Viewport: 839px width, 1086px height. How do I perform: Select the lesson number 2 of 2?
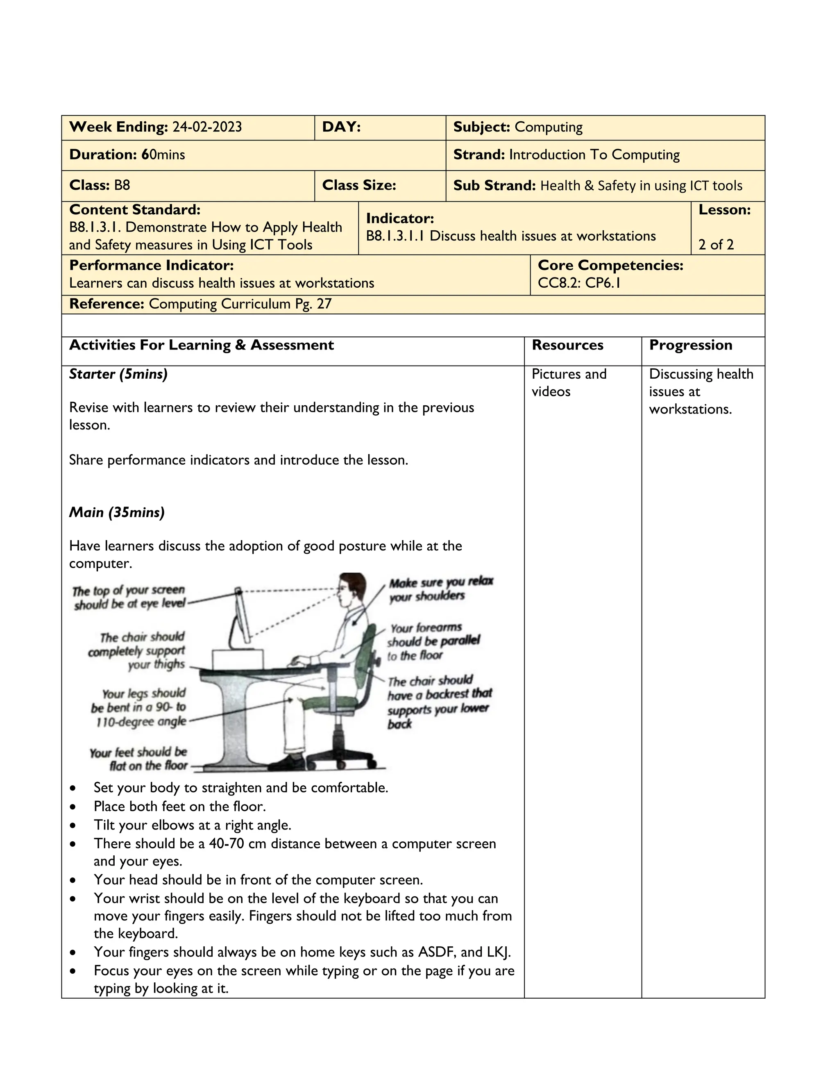pos(716,244)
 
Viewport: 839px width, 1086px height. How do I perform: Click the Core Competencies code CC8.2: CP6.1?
pos(579,283)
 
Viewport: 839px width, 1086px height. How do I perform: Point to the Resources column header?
pos(567,345)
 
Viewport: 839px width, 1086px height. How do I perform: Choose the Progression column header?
pos(690,345)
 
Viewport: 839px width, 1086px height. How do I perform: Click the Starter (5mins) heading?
pos(118,374)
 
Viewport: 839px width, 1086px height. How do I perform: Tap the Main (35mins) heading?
pos(117,512)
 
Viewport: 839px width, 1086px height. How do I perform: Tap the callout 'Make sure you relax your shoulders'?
pos(440,589)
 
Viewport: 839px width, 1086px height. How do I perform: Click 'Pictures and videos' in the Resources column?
pos(569,382)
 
